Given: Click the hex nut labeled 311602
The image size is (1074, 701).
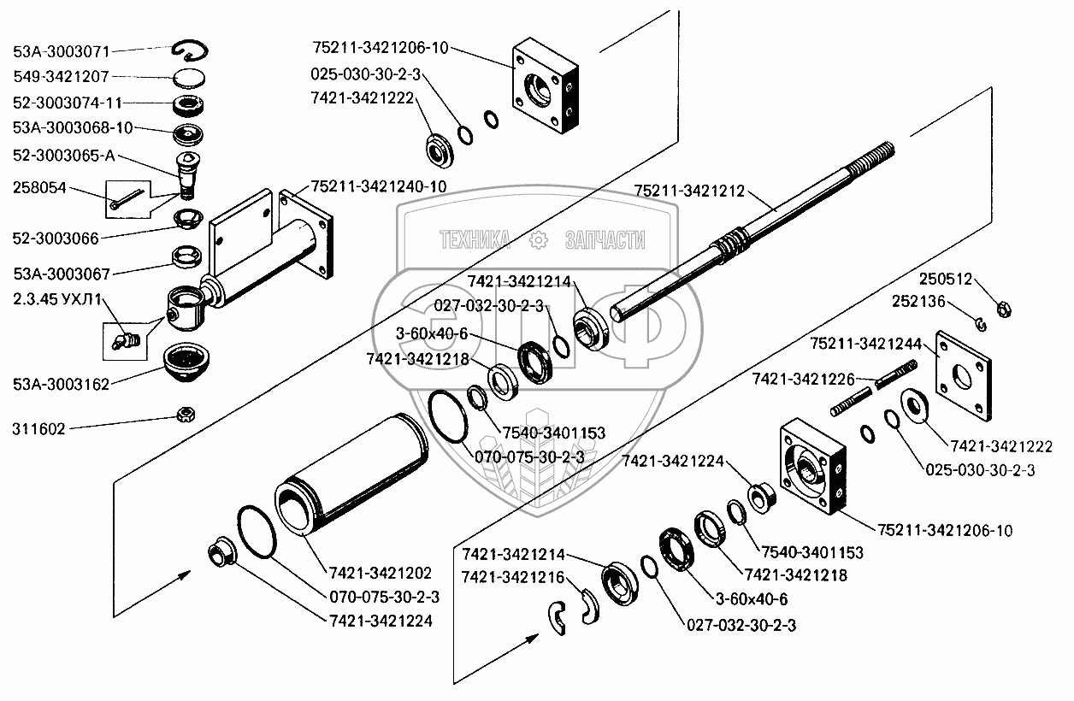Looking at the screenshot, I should (182, 415).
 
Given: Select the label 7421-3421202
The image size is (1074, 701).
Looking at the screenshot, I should (379, 573).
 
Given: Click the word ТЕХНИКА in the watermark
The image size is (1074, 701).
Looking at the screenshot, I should (475, 241).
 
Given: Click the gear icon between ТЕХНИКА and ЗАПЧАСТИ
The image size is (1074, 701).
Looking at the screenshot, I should (540, 241).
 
